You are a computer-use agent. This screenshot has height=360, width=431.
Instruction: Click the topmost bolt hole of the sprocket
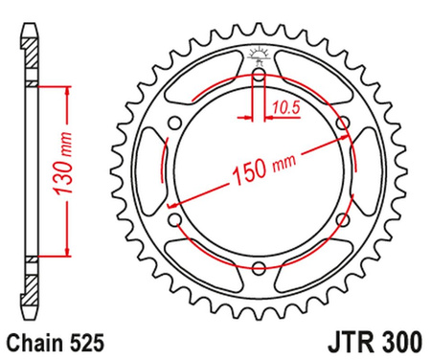click(260, 73)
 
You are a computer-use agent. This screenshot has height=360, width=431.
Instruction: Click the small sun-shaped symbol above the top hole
click(260, 54)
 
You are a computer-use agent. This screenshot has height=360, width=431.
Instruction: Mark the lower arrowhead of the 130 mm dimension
click(68, 251)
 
